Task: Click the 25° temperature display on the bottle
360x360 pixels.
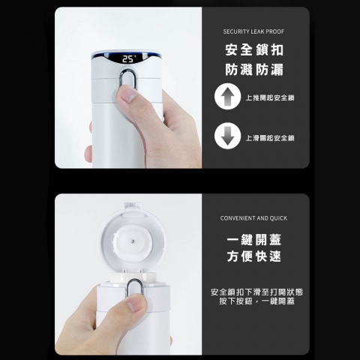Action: pos(130,59)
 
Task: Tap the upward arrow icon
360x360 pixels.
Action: pos(227,97)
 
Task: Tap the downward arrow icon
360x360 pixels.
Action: pos(227,136)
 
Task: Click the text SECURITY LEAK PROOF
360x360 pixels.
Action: pos(253,31)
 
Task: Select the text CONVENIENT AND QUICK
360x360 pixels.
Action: pos(253,218)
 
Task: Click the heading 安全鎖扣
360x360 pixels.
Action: pos(254,50)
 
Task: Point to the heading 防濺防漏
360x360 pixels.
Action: pos(254,70)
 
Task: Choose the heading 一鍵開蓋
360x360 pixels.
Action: pos(254,239)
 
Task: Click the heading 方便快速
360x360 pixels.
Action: pos(254,256)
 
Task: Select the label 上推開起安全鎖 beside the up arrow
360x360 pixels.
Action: pos(270,97)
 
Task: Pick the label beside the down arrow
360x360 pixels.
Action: pos(270,138)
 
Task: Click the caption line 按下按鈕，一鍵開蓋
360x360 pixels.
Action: pos(257,301)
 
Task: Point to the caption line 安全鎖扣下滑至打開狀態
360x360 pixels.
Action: pos(257,292)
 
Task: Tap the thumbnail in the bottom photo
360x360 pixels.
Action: pos(136,303)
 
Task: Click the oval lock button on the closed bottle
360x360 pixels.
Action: pos(129,79)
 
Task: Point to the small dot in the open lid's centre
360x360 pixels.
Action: pos(133,241)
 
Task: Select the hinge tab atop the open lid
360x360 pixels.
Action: pos(133,206)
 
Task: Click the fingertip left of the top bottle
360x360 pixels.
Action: pos(88,154)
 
